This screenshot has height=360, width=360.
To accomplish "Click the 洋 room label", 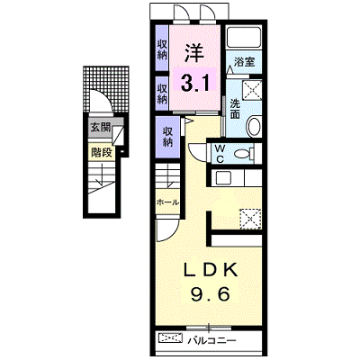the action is coord(194,53).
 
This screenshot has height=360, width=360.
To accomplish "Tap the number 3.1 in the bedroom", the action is coord(194,82).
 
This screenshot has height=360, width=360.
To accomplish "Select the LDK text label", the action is coord(211,270).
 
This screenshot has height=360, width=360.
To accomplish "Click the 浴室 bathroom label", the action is coord(244,62).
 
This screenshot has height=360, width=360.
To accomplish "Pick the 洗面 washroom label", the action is coord(235,109).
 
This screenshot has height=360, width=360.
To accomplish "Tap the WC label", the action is coord(220,154).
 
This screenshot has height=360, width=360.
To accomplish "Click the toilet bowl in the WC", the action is coord(244,154).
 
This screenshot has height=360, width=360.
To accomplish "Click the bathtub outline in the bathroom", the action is coord(244,37).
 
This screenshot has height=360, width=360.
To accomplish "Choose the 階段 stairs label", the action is coord(101,153).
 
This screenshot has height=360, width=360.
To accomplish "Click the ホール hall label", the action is coord(167,202).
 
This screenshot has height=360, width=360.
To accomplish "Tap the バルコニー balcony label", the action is coord(212,341).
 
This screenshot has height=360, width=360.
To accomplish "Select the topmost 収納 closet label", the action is coord(162,49).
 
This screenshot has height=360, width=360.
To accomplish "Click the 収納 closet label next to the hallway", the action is coord(167,137).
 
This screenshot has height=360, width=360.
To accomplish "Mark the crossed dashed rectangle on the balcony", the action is coord(170,338).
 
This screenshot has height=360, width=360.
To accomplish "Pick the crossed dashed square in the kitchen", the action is coord(250,219).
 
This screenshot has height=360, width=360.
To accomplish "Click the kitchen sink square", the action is coord(223,178).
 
